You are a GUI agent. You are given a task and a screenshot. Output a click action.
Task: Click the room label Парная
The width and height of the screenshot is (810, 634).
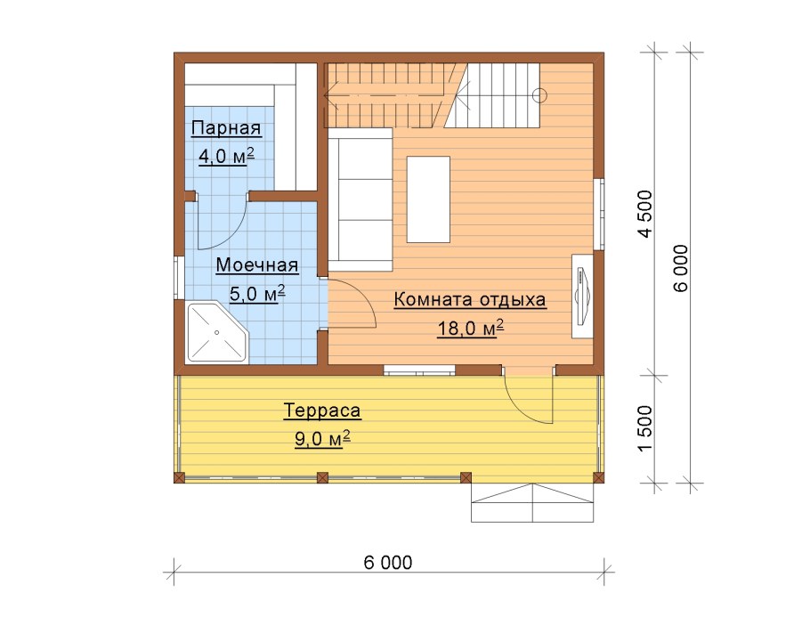pyautogui.click(x=226, y=127)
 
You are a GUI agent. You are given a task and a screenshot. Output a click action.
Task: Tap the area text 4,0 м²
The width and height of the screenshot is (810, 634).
pyautogui.click(x=226, y=156)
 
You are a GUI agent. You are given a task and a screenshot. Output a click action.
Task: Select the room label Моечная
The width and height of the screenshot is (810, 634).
pyautogui.click(x=256, y=265)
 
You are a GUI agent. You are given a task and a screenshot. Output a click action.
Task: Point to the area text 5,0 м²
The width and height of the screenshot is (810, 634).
pyautogui.click(x=256, y=294)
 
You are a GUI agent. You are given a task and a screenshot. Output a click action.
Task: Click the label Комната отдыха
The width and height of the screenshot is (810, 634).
pyautogui.click(x=470, y=300)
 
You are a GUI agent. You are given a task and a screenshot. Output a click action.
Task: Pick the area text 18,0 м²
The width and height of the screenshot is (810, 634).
pyautogui.click(x=470, y=328)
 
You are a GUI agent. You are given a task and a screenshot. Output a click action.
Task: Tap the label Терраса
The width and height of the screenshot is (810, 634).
pyautogui.click(x=322, y=410)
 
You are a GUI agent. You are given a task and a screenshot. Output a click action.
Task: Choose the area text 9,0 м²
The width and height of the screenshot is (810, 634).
pyautogui.click(x=322, y=439)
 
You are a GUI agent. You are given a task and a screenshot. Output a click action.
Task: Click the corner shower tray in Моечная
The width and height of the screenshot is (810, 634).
pyautogui.click(x=217, y=332)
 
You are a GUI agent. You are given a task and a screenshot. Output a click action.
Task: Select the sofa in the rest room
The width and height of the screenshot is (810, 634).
pyautogui.click(x=360, y=200)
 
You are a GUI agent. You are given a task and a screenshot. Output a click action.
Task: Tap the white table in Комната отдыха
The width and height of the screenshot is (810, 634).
pyautogui.click(x=428, y=199)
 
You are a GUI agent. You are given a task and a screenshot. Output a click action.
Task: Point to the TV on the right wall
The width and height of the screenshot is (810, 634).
pyautogui.click(x=582, y=296)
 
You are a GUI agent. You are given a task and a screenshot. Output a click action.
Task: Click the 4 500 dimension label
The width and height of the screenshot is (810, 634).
pyautogui.click(x=645, y=214)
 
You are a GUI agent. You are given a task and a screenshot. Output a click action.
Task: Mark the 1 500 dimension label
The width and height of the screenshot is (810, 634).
pyautogui.click(x=645, y=428)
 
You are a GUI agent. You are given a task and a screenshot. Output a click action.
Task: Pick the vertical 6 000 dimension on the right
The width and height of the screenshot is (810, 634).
pyautogui.click(x=681, y=268)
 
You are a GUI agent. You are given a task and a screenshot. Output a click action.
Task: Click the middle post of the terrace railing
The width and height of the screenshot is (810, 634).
pyautogui.click(x=322, y=477)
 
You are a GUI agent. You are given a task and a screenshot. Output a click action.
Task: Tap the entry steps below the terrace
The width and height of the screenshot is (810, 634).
pyautogui.click(x=532, y=502)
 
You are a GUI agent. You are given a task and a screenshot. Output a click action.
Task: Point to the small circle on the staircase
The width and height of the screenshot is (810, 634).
pyautogui.click(x=539, y=95)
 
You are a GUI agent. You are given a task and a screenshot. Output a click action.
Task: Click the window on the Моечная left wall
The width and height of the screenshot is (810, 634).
pyautogui.click(x=176, y=278)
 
